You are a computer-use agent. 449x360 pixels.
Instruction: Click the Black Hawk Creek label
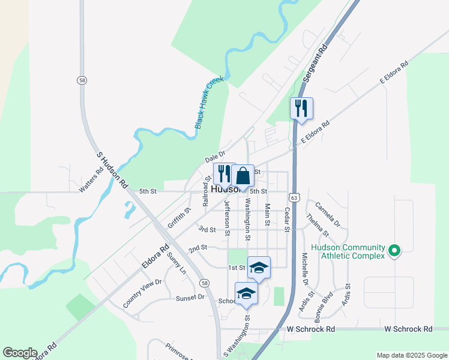pos(209,102)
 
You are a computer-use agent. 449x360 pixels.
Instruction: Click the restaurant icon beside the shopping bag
pos(224,173)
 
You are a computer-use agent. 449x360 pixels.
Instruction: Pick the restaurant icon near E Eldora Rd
pos(301,108)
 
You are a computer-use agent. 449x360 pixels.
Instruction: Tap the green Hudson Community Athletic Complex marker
pos(394,251)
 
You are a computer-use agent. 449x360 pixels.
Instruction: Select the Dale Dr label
pos(214,157)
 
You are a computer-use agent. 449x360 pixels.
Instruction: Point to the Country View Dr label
pos(142,293)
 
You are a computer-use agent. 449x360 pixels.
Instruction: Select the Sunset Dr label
pos(190,297)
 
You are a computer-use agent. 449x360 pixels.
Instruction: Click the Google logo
pos(20,353)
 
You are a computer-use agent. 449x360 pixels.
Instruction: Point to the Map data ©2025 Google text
pos(411,355)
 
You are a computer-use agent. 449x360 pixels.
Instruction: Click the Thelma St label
pos(318,224)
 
